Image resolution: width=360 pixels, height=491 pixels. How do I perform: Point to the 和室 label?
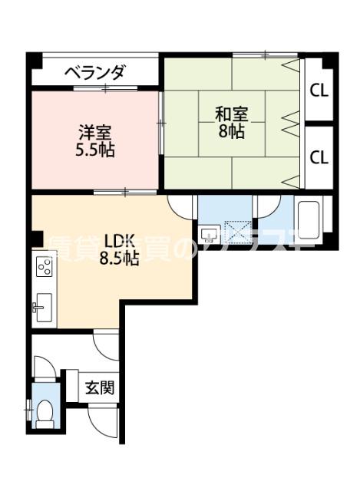(x=230, y=114)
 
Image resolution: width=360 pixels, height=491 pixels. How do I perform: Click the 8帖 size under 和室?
(x=230, y=131)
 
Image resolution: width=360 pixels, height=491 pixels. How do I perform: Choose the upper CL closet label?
(x=319, y=90)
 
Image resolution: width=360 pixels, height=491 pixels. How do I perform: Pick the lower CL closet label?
(x=319, y=157)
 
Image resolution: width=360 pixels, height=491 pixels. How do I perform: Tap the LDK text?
(x=118, y=240)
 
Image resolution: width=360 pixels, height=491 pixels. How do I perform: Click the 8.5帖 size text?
(x=118, y=259)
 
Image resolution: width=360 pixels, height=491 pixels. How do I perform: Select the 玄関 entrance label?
(x=100, y=387)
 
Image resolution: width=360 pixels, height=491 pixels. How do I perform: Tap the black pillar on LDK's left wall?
(x=35, y=239)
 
